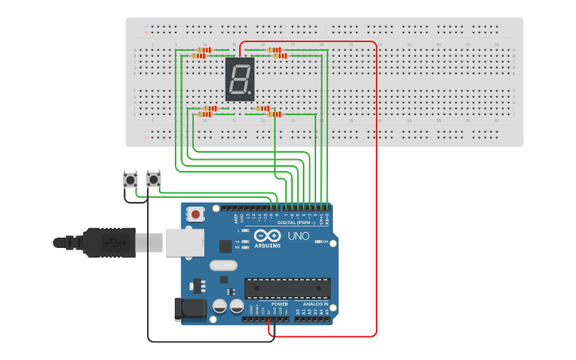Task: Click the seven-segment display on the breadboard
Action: (x=240, y=79)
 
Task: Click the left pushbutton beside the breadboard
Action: (x=130, y=180)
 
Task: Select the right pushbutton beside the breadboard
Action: (x=154, y=180)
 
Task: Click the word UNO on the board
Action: (x=298, y=236)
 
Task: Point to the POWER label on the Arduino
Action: (x=280, y=304)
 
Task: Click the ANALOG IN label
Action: (x=313, y=304)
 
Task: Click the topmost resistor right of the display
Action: (x=274, y=49)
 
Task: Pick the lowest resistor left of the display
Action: (x=204, y=114)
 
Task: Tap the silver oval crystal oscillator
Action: (x=224, y=265)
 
